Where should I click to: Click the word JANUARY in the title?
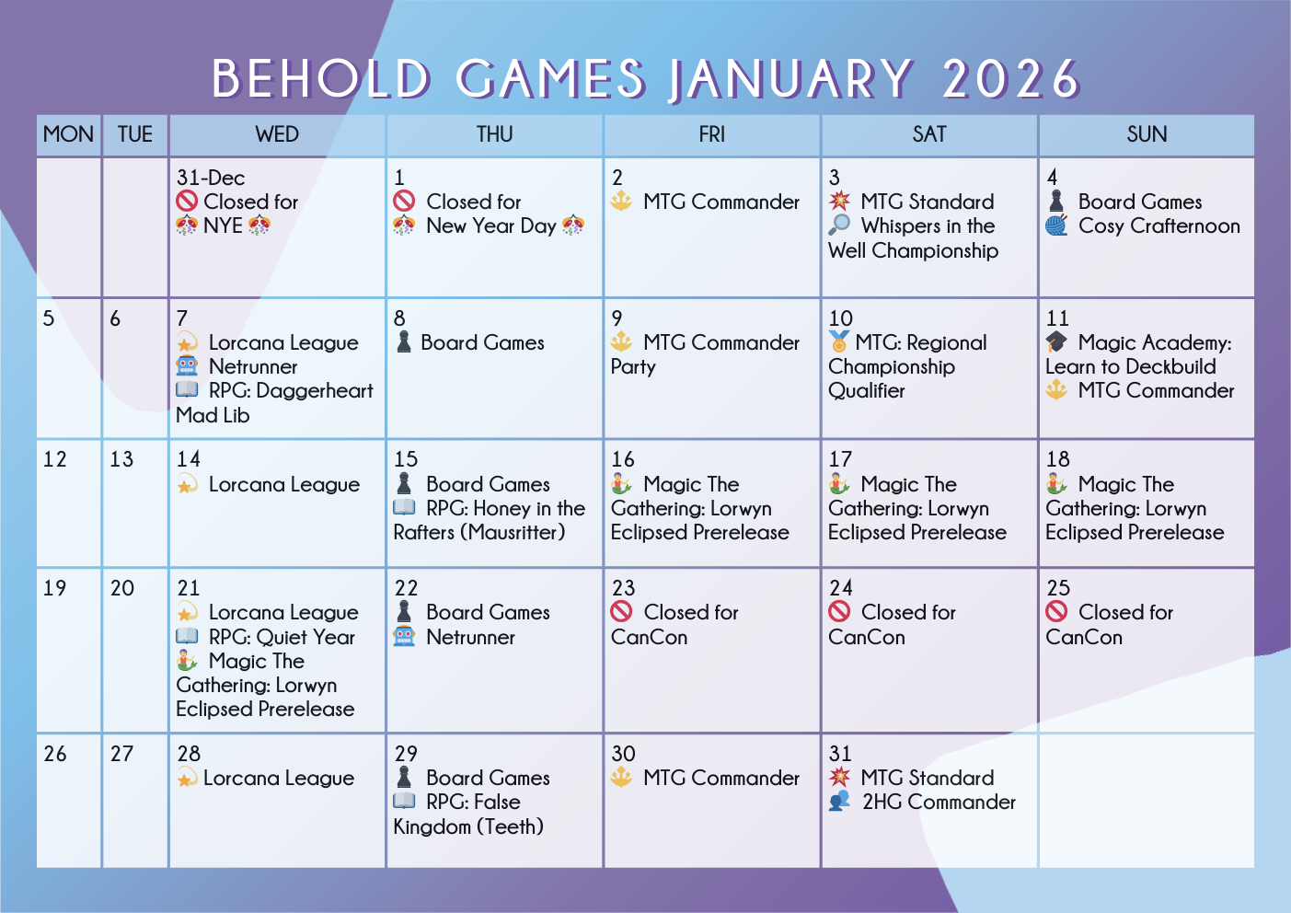pos(790,79)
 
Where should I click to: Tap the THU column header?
pos(494,134)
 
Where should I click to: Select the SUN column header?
pos(1147,134)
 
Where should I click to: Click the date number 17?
pos(840,459)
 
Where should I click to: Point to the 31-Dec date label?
pos(211,177)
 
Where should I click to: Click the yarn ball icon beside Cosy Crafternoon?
pos(1056,225)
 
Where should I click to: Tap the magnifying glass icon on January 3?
pos(839,225)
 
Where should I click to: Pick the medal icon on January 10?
pos(838,341)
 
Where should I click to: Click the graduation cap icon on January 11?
pos(1056,341)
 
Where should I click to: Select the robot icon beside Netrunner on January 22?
pos(404,636)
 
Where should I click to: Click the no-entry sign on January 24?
pos(839,611)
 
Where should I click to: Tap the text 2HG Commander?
pos(939,802)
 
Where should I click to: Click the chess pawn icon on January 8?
pos(404,341)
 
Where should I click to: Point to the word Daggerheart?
pos(315,391)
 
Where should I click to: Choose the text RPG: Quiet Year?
pos(282,637)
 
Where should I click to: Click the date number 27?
pos(121,754)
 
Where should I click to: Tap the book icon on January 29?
pos(404,801)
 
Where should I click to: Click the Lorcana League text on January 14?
pos(284,484)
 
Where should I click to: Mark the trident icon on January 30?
pos(621,777)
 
